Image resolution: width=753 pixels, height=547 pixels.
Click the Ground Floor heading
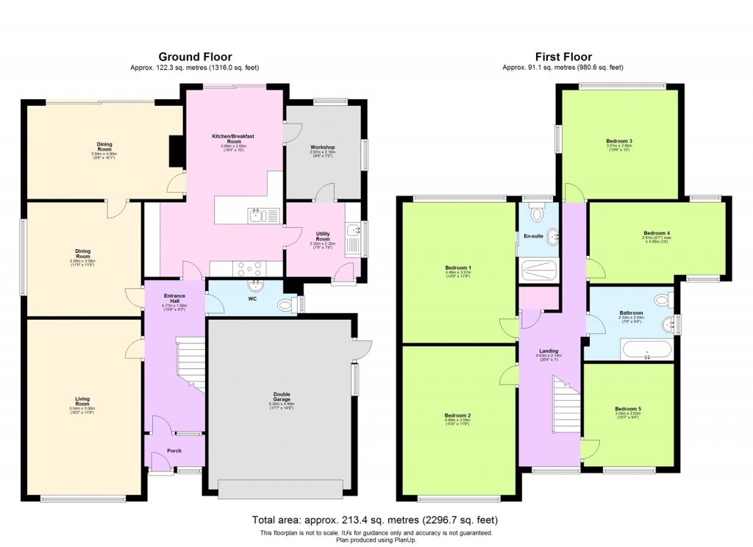tap(195, 57)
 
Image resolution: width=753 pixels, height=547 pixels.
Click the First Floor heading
tap(563, 57)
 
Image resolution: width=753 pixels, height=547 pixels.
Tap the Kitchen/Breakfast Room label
tap(232, 137)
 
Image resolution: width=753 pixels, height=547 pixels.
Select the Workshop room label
tap(322, 148)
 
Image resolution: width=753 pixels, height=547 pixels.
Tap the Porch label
tap(174, 451)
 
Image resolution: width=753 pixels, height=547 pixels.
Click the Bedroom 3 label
tap(619, 140)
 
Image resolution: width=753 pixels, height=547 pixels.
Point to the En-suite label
tap(533, 236)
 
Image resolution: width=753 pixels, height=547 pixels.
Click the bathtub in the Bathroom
tap(646, 349)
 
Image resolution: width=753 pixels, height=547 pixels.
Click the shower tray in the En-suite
tap(538, 271)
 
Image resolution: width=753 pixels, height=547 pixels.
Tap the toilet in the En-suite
tap(538, 214)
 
